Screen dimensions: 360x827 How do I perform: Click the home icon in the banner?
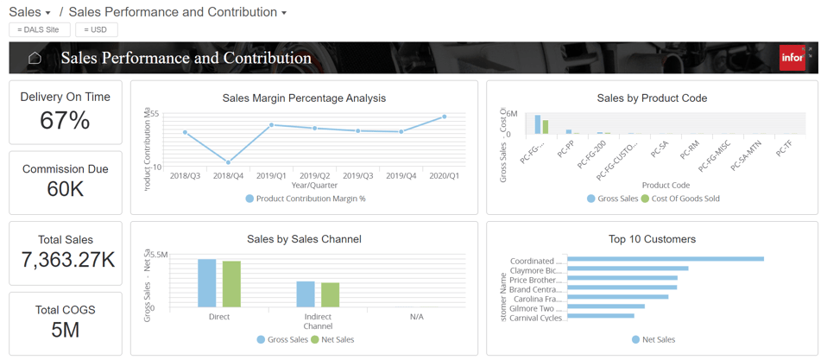pos(35,58)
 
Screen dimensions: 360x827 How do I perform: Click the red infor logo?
pos(792,58)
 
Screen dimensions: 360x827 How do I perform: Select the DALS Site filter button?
pos(39,29)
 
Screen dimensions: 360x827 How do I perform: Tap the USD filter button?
pos(96,29)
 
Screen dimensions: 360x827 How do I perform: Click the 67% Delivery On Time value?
pos(65,121)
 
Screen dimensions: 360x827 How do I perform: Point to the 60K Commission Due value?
pos(65,189)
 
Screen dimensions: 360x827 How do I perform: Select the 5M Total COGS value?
pos(65,330)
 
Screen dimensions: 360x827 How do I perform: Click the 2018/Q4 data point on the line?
pos(229,162)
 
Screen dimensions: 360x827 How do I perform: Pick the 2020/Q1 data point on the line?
pos(445,117)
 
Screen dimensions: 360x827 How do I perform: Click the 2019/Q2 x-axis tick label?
pos(315,175)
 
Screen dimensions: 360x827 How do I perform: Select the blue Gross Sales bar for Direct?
pos(207,283)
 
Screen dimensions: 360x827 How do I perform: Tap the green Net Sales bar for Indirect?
pos(330,294)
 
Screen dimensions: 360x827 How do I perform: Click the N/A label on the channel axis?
pos(416,317)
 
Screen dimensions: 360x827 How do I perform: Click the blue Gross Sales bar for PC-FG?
pos(537,124)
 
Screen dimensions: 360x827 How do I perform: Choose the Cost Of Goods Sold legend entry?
pos(685,199)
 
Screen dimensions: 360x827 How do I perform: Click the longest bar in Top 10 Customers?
pos(665,259)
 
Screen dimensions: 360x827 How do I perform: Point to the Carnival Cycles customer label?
pos(536,318)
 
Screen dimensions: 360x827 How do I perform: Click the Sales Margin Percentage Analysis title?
pos(304,98)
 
